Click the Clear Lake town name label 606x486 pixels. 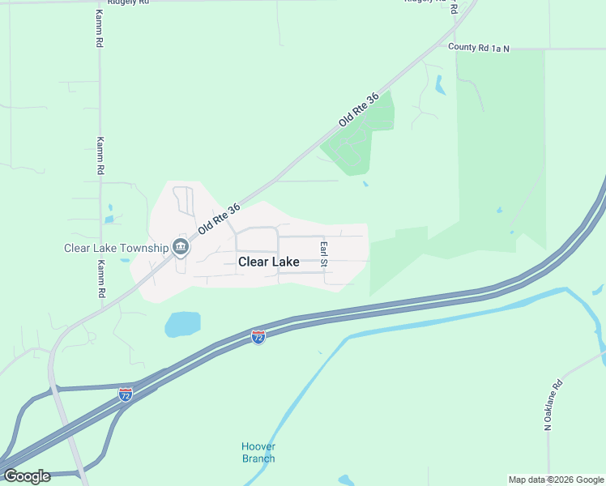pyautogui.click(x=269, y=262)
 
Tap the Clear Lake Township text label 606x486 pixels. pyautogui.click(x=116, y=248)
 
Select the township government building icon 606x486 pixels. pyautogui.click(x=181, y=248)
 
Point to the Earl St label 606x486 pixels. pyautogui.click(x=323, y=254)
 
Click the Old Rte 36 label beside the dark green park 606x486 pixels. pyautogui.click(x=359, y=109)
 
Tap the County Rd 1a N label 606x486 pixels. pyautogui.click(x=479, y=48)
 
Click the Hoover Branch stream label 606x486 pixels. pyautogui.click(x=258, y=453)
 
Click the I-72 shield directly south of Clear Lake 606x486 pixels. pyautogui.click(x=258, y=337)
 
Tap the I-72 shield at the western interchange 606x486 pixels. pyautogui.click(x=126, y=394)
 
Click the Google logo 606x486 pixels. pyautogui.click(x=27, y=475)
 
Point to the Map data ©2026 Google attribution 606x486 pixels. pyautogui.click(x=555, y=480)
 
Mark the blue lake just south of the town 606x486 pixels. pyautogui.click(x=182, y=324)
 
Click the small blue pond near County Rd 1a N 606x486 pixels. pyautogui.click(x=440, y=84)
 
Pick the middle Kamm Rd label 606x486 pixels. pyautogui.click(x=101, y=156)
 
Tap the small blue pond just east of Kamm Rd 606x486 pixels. pyautogui.click(x=109, y=219)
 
